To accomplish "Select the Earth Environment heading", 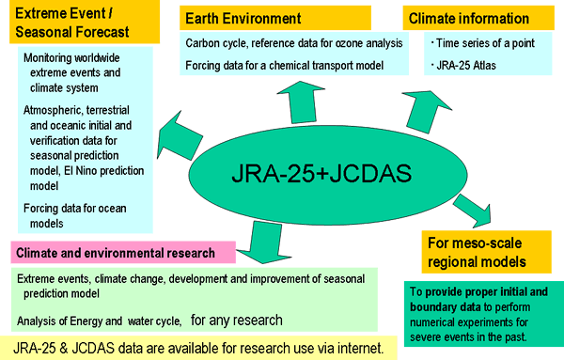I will pyautogui.click(x=242, y=19).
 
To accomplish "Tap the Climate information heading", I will pyautogui.click(x=467, y=19).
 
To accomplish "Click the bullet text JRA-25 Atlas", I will pyautogui.click(x=465, y=65).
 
